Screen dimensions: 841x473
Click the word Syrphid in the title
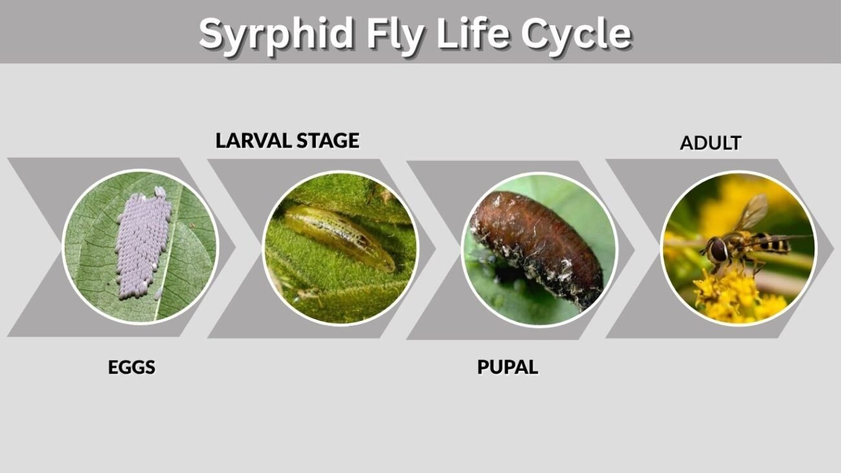click(277, 35)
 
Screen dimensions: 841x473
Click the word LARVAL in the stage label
click(254, 141)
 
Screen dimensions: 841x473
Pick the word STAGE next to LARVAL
click(328, 141)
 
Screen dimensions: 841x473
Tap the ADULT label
click(710, 143)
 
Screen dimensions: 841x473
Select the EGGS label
click(131, 367)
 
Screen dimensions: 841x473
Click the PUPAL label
click(508, 367)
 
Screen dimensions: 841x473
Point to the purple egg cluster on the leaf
click(143, 244)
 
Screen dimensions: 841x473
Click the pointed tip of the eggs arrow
click(235, 247)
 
